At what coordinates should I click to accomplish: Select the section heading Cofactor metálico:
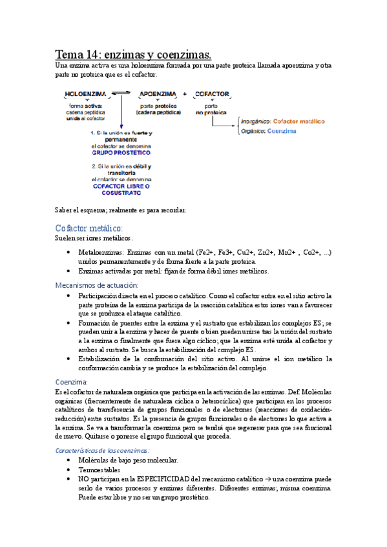tap(89, 228)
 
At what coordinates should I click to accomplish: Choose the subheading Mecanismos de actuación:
tap(96, 284)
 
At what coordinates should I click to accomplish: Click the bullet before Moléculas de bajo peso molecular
tap(68, 461)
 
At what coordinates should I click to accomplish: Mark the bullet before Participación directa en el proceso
tap(68, 295)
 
